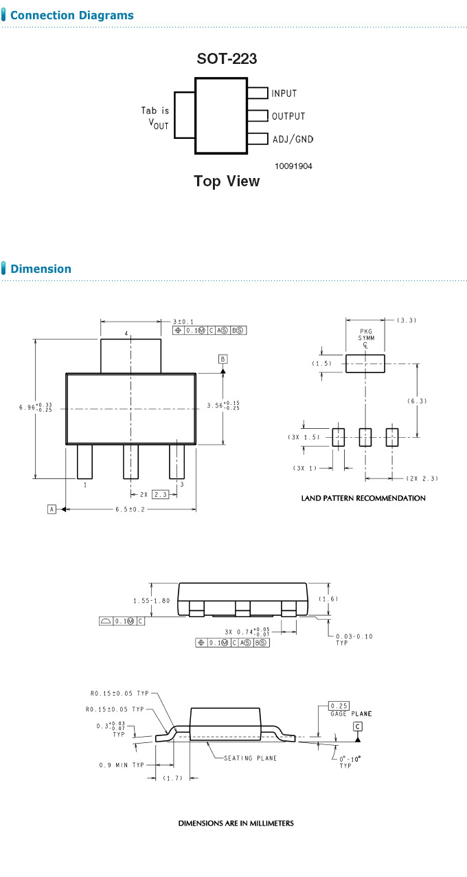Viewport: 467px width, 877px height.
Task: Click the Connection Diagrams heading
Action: (71, 15)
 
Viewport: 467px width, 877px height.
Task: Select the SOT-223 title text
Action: (227, 59)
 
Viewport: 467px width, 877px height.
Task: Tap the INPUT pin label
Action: (284, 93)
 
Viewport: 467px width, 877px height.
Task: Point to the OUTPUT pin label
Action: (288, 116)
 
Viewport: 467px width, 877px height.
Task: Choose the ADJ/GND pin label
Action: (292, 140)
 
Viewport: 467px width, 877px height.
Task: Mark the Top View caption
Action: (227, 181)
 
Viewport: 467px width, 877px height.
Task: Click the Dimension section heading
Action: (41, 269)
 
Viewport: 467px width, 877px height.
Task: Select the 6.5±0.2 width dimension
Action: (131, 509)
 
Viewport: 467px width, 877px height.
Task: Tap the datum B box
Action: (223, 359)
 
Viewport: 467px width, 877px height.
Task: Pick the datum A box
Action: (52, 509)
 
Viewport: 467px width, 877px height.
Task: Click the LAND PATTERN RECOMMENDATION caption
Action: (363, 498)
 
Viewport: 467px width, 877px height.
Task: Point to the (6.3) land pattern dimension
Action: (417, 400)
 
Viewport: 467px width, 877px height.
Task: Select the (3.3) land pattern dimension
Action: (407, 320)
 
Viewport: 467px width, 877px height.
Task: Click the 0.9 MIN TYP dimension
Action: (122, 764)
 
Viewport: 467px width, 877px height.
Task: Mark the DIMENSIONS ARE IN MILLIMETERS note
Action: (236, 823)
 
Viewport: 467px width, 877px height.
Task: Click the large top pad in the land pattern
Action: (365, 364)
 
